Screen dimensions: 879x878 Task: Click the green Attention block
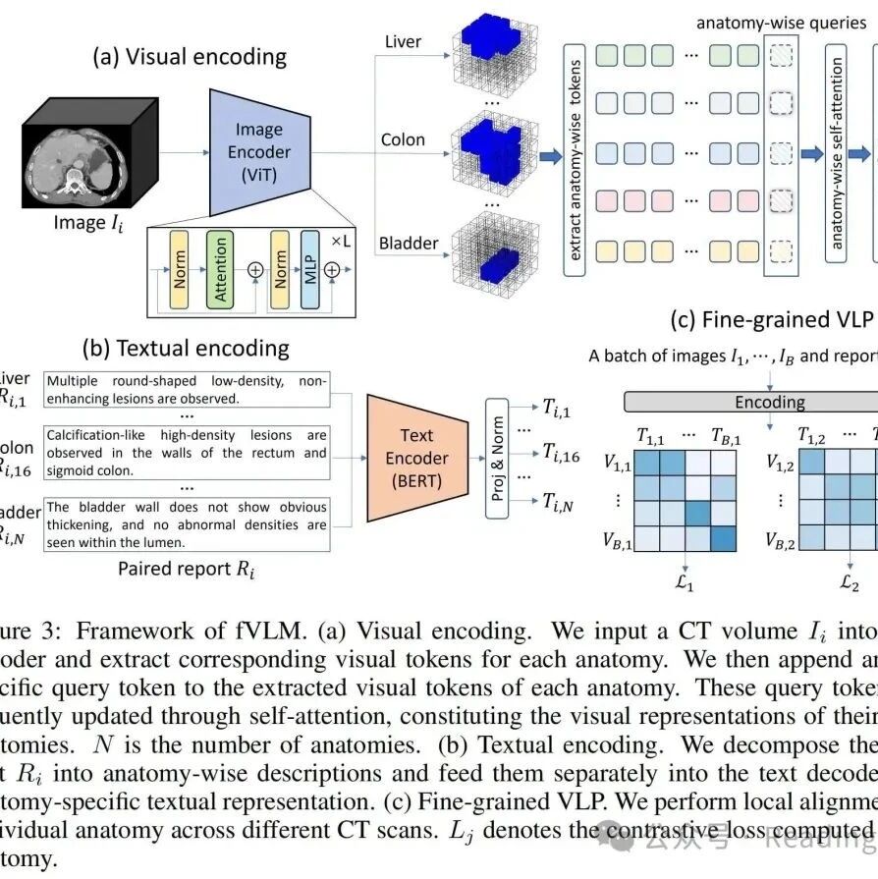pos(220,267)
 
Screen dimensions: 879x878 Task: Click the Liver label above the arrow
pos(403,41)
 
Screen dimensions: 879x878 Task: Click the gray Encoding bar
pos(770,402)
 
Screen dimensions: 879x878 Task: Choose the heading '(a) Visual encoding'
pos(190,57)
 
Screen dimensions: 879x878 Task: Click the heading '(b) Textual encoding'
pos(187,348)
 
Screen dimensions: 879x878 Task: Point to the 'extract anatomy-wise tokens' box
pos(576,151)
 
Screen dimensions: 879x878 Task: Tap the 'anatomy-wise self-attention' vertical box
pos(837,151)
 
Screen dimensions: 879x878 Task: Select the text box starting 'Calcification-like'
pos(187,453)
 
